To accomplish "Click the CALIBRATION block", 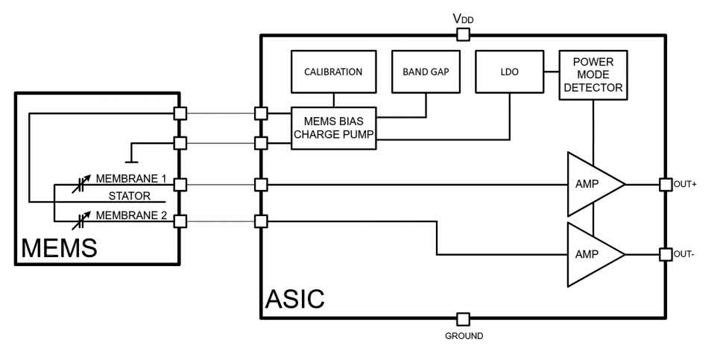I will [x=332, y=72].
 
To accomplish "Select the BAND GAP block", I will [x=426, y=72].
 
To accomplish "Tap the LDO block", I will [x=510, y=72].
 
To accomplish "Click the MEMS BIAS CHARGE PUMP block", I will [x=333, y=127].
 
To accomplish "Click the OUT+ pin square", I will [x=666, y=183].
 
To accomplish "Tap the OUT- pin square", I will [x=666, y=254].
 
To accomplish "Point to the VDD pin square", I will [x=463, y=34].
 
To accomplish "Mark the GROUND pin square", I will [x=463, y=319].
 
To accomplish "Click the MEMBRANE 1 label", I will [x=131, y=179].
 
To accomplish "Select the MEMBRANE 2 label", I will [x=131, y=215].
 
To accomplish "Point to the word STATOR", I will [x=130, y=198].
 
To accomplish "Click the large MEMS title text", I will [x=59, y=248].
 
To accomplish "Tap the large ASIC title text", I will [x=295, y=299].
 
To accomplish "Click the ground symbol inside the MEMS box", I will [x=131, y=159].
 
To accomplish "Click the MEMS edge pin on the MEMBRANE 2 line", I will [x=179, y=221].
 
